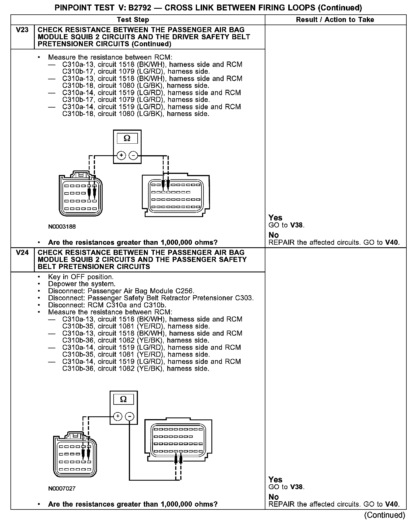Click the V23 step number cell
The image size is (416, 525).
22,30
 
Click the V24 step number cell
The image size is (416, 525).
22,253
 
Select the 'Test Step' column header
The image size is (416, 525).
133,19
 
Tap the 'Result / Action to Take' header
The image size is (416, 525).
335,19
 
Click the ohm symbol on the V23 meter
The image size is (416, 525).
127,138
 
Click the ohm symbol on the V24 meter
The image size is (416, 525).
123,399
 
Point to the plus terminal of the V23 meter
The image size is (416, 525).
121,155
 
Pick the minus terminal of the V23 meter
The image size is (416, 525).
133,155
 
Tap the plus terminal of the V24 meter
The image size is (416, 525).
118,416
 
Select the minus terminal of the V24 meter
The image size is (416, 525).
129,416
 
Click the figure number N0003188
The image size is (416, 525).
62,226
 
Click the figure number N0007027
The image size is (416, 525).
62,488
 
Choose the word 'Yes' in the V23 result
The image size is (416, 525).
275,218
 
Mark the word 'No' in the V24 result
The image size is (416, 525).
274,496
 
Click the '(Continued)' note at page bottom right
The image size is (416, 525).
385,515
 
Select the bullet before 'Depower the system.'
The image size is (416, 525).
39,284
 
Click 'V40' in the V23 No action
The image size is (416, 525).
392,242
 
